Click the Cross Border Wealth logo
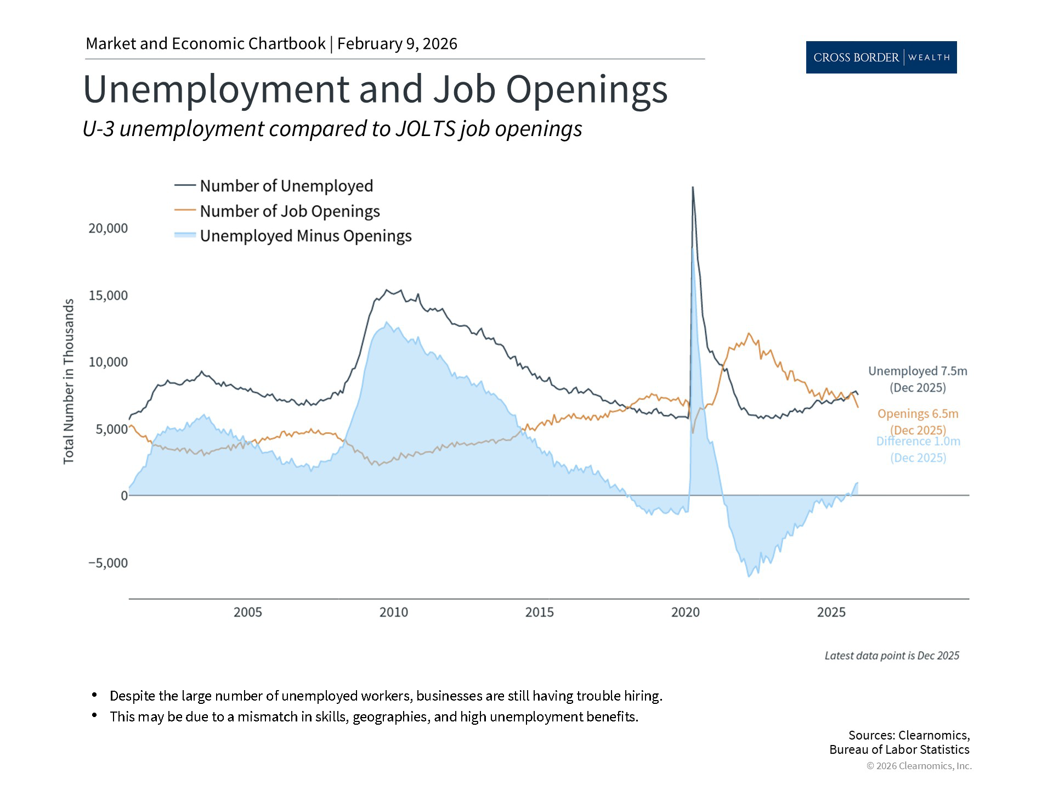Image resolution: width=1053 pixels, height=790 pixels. [881, 57]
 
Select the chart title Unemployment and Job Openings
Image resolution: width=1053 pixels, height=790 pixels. [375, 89]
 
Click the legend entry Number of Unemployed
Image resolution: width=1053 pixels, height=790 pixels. [286, 186]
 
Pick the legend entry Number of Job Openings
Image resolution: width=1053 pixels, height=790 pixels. [289, 211]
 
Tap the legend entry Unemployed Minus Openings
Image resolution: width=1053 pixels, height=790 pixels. [305, 236]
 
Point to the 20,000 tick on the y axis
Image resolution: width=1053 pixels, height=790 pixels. [108, 228]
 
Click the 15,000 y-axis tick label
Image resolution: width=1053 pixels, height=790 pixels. [108, 296]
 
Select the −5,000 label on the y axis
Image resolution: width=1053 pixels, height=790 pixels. [108, 563]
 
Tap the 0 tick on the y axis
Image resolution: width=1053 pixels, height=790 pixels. [124, 496]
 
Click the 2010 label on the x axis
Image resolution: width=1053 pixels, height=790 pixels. [394, 612]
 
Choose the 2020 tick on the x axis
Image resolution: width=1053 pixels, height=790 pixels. [686, 612]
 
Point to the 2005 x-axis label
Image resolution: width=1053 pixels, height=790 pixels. [248, 612]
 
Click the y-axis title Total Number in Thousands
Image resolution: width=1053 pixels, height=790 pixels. [69, 381]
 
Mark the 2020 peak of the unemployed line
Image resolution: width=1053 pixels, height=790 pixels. [693, 188]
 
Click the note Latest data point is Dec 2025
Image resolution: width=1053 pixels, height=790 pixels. [892, 656]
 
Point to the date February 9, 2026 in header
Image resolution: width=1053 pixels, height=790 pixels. [397, 44]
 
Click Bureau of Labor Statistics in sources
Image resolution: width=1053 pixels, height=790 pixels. [899, 750]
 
